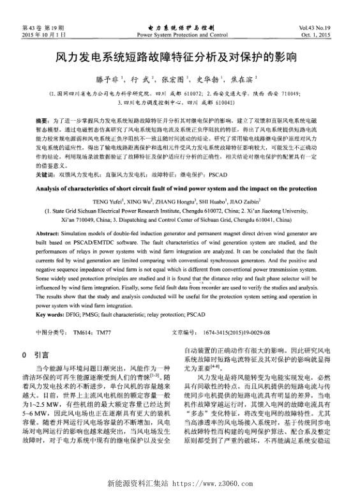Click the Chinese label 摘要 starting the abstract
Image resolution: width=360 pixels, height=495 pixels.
point(41,120)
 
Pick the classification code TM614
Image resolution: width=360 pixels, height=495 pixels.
point(83,333)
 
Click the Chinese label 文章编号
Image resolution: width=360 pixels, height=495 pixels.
point(184,333)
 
